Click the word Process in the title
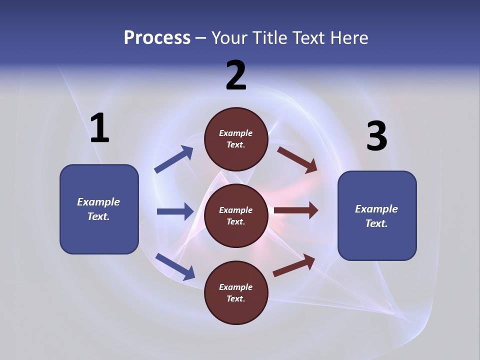[157, 38]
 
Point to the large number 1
[99, 128]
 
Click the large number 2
[236, 75]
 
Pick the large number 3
[376, 136]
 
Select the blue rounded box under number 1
[99, 209]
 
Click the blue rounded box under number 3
[377, 216]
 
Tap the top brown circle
[236, 139]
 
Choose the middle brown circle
[236, 215]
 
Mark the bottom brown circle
[236, 292]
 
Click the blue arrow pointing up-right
[174, 159]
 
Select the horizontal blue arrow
[175, 211]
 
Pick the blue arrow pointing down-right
[175, 266]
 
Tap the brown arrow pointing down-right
[297, 159]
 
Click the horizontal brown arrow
[296, 210]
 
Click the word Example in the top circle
[236, 133]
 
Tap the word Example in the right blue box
[376, 209]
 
